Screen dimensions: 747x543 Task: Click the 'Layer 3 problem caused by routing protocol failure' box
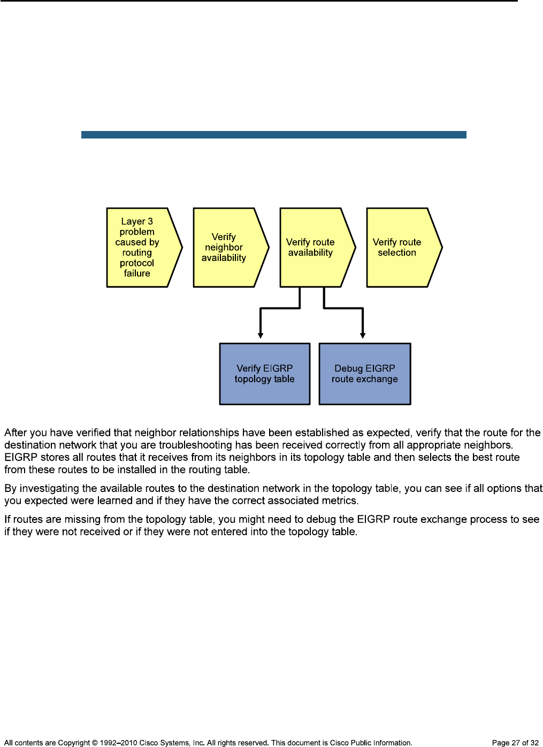[140, 248]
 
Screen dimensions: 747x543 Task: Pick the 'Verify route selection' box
[400, 248]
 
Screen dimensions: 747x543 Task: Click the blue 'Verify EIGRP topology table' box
[265, 374]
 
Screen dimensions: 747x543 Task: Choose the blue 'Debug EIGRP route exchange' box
[365, 374]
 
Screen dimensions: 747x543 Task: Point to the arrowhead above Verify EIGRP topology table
[261, 335]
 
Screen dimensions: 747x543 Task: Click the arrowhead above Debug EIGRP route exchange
[363, 335]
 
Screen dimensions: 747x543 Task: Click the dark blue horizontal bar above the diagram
[273, 135]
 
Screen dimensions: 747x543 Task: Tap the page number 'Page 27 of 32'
[515, 743]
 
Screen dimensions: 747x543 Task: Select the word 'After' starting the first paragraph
[16, 433]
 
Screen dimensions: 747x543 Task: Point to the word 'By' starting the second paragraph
[11, 488]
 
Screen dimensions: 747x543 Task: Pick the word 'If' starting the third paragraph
[7, 519]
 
